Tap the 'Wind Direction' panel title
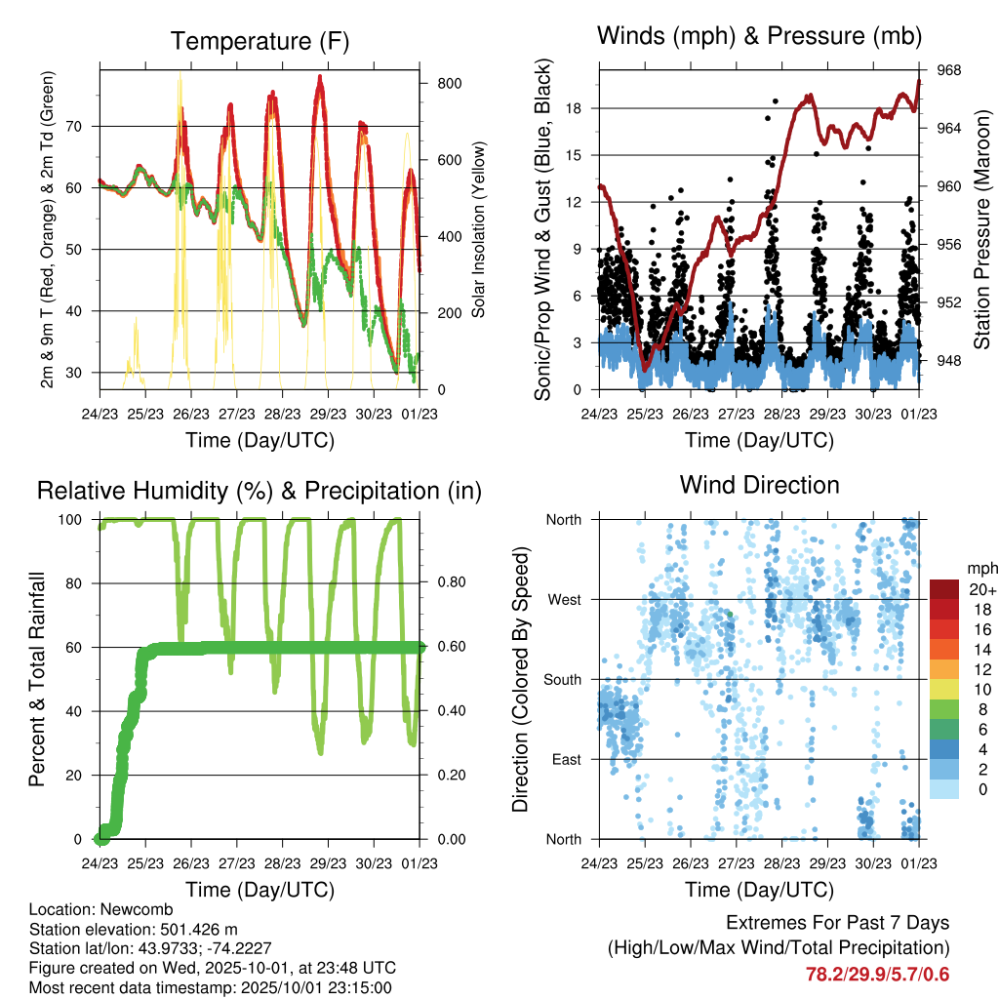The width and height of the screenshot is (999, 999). [x=759, y=485]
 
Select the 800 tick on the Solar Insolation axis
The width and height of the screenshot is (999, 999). [x=449, y=84]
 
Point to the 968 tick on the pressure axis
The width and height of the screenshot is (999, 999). [x=949, y=71]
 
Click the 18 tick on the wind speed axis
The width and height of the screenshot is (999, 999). [x=574, y=108]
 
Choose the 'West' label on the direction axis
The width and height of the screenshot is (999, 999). [x=563, y=599]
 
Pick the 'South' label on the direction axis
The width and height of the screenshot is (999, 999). [x=561, y=679]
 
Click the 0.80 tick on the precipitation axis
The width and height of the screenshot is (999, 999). [x=450, y=583]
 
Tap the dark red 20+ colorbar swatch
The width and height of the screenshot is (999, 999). [x=944, y=588]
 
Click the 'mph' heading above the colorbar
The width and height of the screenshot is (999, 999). [x=980, y=568]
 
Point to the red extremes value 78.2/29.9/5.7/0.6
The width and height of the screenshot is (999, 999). [x=877, y=974]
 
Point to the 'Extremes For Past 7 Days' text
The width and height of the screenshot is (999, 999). [x=838, y=923]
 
